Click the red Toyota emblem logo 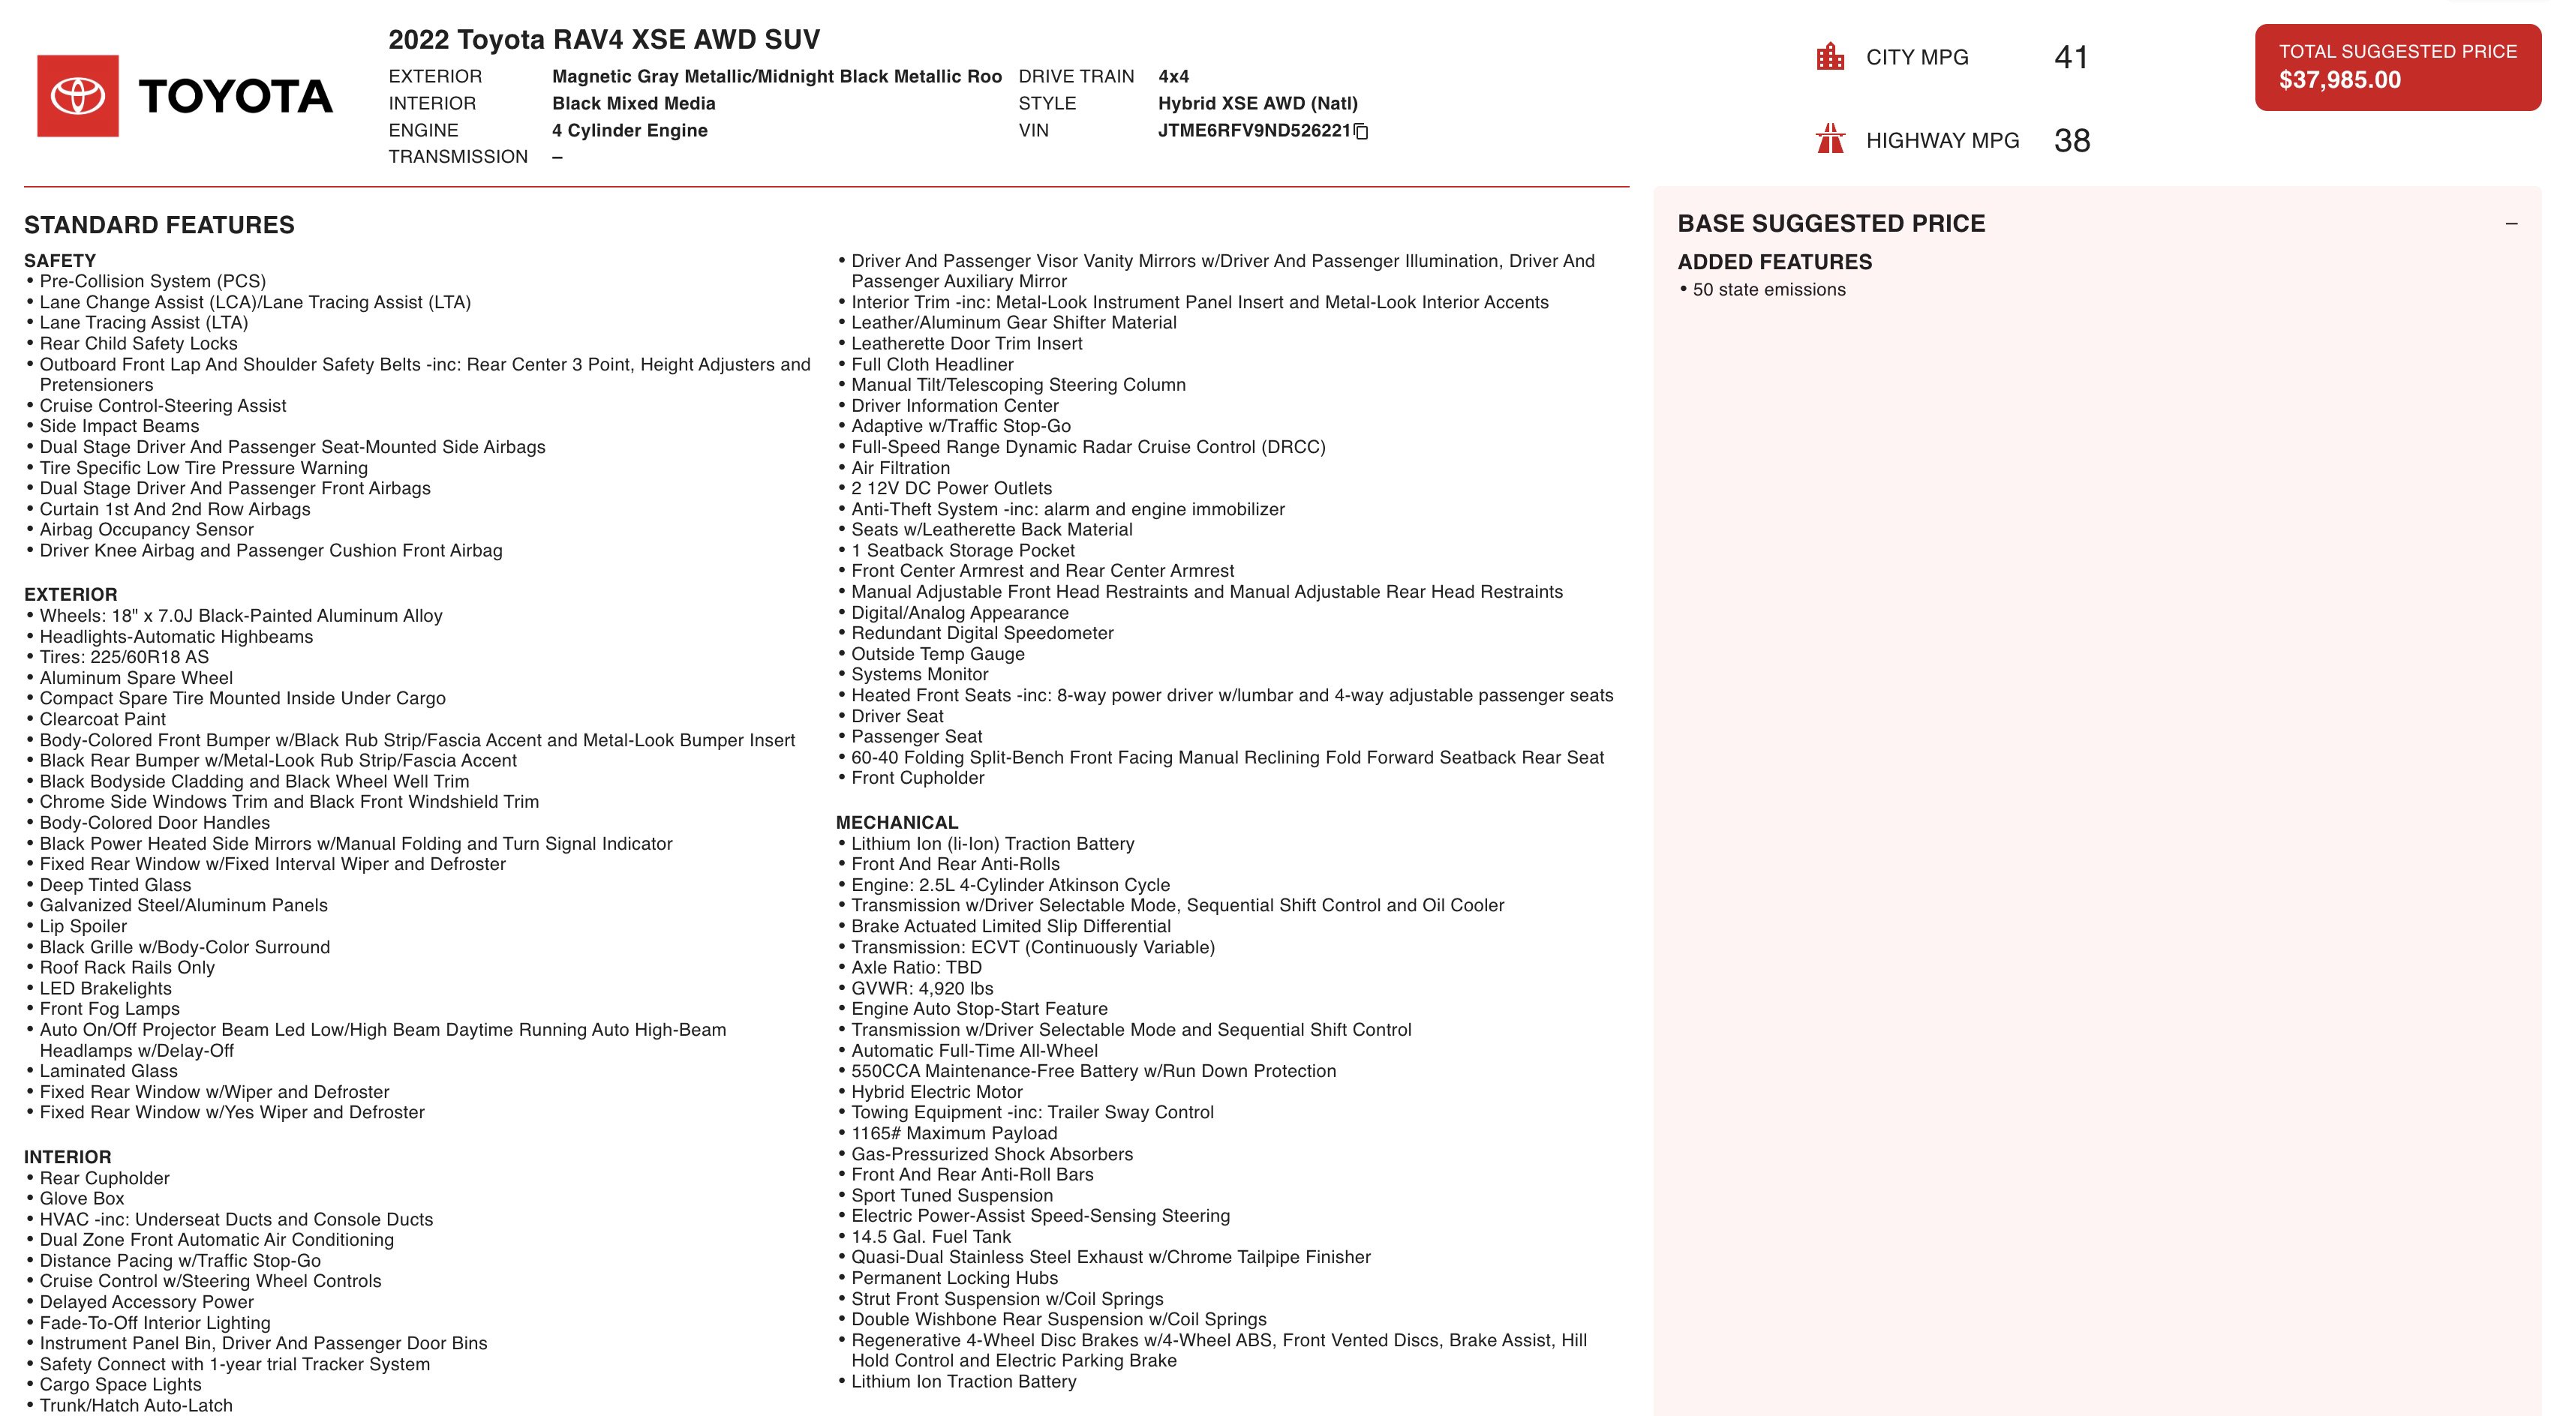click(78, 95)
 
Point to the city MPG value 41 click(2070, 58)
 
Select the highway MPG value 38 click(2071, 140)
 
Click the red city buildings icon click(1830, 57)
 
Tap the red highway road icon click(1830, 139)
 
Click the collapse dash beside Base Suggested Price click(2510, 224)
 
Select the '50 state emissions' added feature click(1768, 289)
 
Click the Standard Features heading click(159, 225)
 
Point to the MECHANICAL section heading click(897, 823)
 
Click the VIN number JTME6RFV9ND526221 click(1253, 130)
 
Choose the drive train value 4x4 click(1173, 76)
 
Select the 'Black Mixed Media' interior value click(633, 103)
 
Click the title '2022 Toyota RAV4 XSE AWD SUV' click(604, 40)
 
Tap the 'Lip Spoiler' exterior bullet click(84, 926)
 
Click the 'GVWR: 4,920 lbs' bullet click(921, 988)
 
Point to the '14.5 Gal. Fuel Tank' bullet click(930, 1237)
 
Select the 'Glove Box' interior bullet click(82, 1199)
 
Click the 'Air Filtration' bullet click(900, 468)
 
